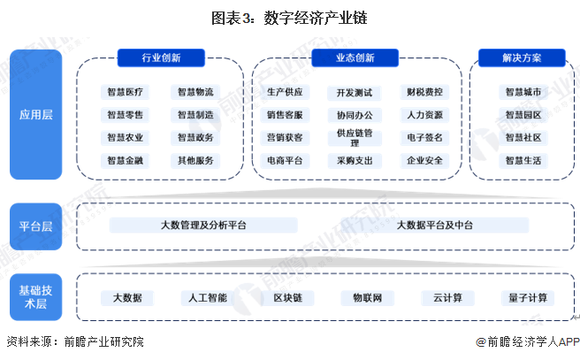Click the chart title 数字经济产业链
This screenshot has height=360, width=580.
click(x=290, y=17)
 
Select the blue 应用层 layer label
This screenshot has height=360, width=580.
click(x=35, y=114)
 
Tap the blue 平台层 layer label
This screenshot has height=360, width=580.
click(x=35, y=226)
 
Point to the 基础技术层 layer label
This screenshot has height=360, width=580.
click(x=35, y=296)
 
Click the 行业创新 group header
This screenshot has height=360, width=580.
click(x=156, y=58)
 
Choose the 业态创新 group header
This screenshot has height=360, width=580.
click(x=355, y=58)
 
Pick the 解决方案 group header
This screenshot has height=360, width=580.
click(x=523, y=58)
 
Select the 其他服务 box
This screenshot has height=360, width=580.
click(x=195, y=161)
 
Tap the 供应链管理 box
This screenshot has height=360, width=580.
click(x=355, y=137)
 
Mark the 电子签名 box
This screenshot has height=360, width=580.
click(x=424, y=138)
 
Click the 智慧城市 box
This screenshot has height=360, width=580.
click(x=523, y=91)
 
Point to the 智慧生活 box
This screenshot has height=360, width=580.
click(x=523, y=161)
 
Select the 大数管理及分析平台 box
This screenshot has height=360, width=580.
click(x=203, y=226)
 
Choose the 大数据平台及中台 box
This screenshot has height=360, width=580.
click(x=434, y=226)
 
